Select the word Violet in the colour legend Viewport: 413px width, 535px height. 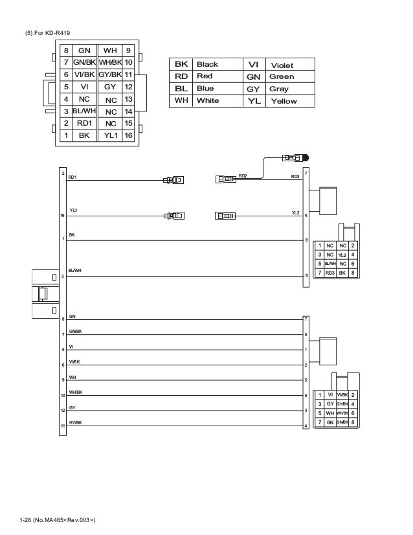pyautogui.click(x=282, y=65)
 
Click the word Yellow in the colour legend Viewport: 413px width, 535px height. pyautogui.click(x=284, y=101)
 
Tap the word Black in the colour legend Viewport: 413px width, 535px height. pyautogui.click(x=207, y=65)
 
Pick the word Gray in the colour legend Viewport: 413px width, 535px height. pyautogui.click(x=279, y=89)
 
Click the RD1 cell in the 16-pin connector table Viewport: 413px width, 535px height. pyautogui.click(x=84, y=123)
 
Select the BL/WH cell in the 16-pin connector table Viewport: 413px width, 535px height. pyautogui.click(x=84, y=111)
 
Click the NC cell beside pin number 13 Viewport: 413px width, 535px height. pyautogui.click(x=111, y=100)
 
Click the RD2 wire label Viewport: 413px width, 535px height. pyautogui.click(x=243, y=176)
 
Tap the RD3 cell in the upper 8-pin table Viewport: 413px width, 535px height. pyautogui.click(x=329, y=273)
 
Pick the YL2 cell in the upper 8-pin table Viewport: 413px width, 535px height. pyautogui.click(x=342, y=255)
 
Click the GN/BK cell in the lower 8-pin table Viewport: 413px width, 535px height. pyautogui.click(x=342, y=422)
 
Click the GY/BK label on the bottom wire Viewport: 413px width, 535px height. pyautogui.click(x=76, y=422)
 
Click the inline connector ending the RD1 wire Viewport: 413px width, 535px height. pyautogui.click(x=173, y=181)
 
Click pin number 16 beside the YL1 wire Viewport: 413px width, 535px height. pyautogui.click(x=62, y=214)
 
